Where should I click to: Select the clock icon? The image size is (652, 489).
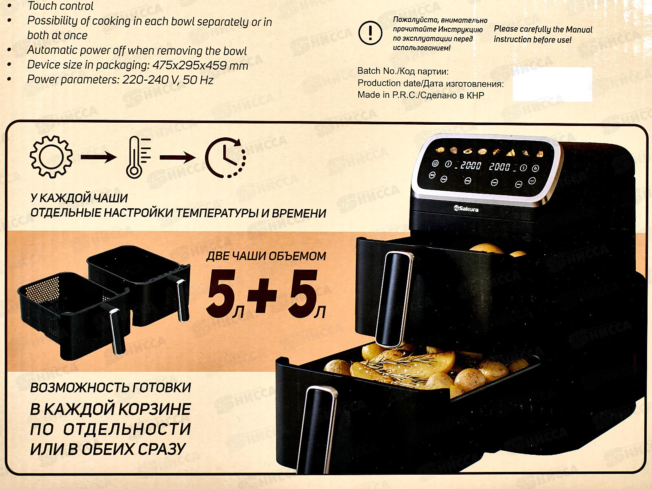[225, 158]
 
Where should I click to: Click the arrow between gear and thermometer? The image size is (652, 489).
[99, 157]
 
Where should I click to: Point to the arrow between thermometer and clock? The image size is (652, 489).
[178, 157]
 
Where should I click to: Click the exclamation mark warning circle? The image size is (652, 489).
[370, 33]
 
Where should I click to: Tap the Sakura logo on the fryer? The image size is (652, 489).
[466, 209]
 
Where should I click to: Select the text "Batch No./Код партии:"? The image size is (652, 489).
[403, 71]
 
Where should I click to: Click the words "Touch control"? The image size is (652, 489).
[60, 6]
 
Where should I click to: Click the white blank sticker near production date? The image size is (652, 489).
[552, 84]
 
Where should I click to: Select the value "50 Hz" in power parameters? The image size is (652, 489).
[198, 80]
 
